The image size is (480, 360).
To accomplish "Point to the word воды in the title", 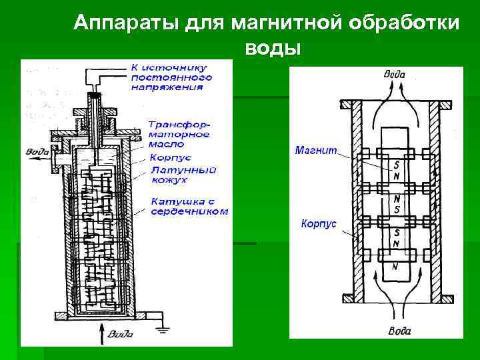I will pos(273,49).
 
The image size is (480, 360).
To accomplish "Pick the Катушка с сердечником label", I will pos(189,206).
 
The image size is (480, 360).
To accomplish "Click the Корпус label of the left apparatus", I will pos(171,158).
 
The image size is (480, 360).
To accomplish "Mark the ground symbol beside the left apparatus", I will pos(160,327).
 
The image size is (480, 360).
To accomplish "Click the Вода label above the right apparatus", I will pos(394,74).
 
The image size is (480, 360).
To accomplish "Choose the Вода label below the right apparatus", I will pos(399,331).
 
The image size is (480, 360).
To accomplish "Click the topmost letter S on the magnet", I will pos(397,163).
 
